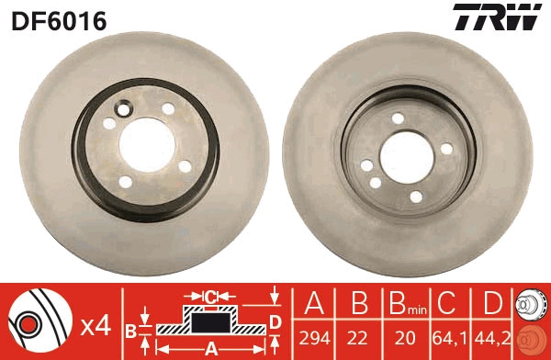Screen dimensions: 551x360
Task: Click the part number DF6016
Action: tap(59, 20)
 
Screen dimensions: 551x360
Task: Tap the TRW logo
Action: tap(497, 17)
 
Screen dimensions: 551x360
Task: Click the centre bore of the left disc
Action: tap(147, 145)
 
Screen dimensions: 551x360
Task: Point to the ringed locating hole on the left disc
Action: tap(123, 109)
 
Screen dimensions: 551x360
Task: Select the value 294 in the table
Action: tap(314, 338)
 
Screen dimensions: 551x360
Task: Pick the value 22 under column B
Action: tap(357, 338)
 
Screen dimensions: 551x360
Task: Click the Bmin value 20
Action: tap(405, 338)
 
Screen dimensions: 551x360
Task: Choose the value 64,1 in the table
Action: tap(450, 339)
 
